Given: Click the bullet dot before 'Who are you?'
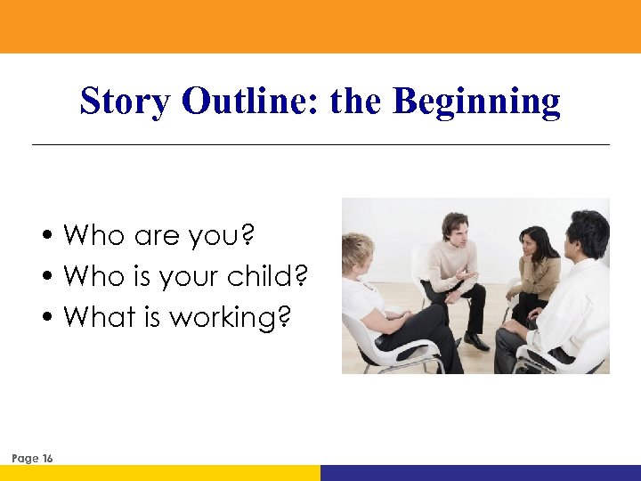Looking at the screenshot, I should click(x=53, y=237).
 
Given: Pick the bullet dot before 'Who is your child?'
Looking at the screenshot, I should click(x=53, y=277).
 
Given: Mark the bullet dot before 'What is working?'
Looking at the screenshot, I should click(x=53, y=317).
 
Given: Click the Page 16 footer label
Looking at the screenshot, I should click(x=33, y=458).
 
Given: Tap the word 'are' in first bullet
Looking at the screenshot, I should click(x=158, y=237).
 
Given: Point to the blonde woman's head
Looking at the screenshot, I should click(x=359, y=252).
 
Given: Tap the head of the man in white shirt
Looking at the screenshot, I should click(x=588, y=233).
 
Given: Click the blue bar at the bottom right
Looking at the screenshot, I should click(x=481, y=473).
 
